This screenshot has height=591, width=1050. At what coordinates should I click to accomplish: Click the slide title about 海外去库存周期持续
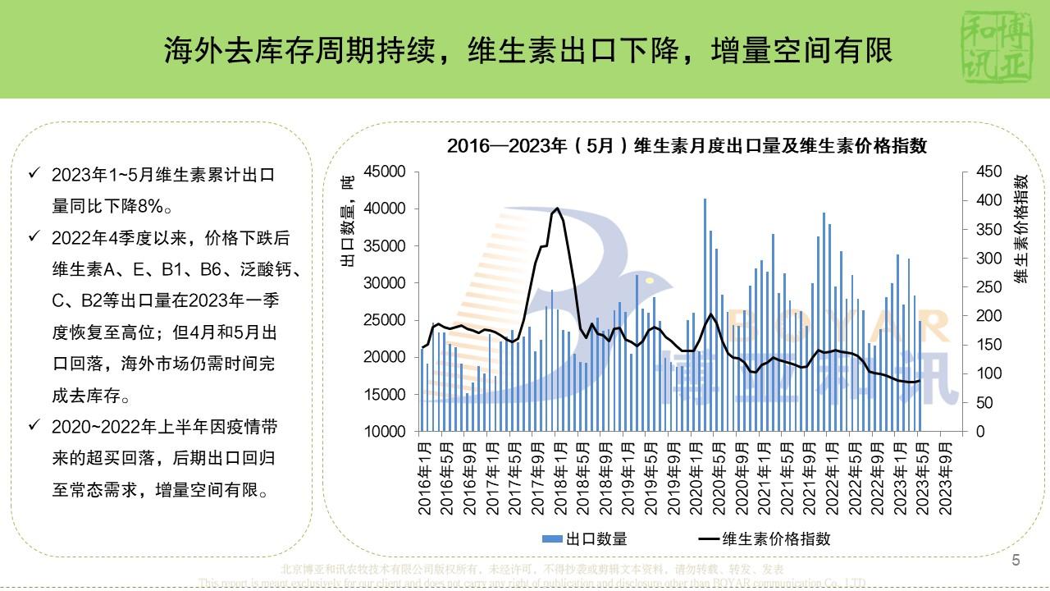[528, 51]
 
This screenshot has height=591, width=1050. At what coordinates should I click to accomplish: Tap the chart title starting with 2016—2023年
[687, 146]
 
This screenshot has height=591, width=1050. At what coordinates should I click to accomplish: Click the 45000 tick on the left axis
[385, 172]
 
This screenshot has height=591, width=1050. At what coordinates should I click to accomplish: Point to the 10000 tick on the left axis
[385, 432]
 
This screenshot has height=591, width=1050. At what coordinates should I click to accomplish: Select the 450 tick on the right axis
[988, 172]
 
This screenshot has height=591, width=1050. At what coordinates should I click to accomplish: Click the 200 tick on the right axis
[988, 316]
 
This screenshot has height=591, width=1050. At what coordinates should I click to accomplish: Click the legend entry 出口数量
[585, 539]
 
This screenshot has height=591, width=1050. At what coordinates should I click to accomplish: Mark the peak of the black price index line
[557, 208]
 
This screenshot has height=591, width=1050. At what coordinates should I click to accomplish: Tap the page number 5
[1016, 561]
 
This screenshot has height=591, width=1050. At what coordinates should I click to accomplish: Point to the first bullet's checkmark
[34, 174]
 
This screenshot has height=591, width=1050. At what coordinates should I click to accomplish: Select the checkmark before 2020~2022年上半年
[34, 426]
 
